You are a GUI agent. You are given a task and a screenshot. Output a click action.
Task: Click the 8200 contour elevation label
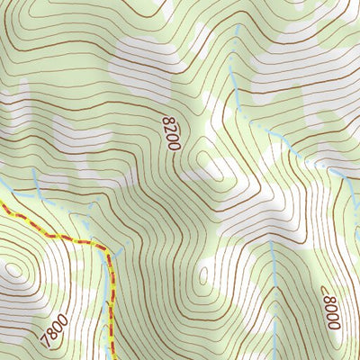172,132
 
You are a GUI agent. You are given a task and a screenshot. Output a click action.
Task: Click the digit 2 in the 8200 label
171,129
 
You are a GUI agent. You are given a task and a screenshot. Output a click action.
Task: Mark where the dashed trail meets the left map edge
1,204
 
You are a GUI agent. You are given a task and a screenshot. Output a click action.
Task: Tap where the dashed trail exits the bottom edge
111,358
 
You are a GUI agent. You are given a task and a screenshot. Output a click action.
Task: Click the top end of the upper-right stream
236,27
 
